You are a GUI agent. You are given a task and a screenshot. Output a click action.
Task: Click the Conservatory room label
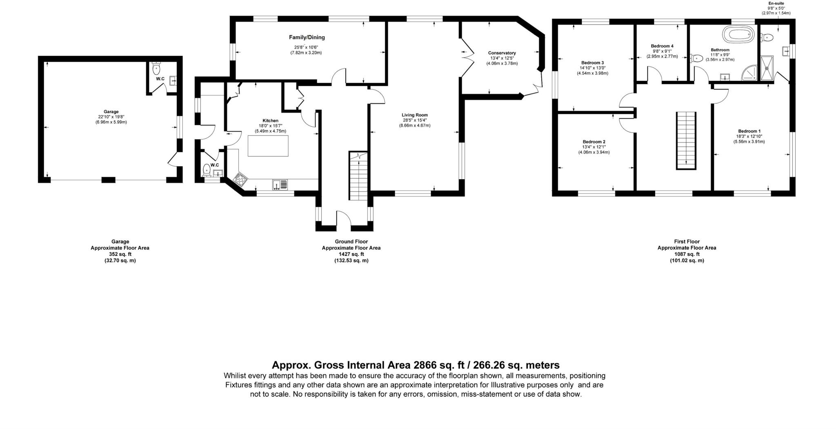point(502,53)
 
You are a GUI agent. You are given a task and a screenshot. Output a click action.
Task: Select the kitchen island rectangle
point(268,145)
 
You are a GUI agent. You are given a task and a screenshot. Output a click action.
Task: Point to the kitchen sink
point(280,185)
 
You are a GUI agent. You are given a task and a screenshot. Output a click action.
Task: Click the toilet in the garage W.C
point(156,67)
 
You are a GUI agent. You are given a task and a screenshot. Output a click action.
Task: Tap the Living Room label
point(414,115)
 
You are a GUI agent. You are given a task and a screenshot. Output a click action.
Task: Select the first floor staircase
point(686,140)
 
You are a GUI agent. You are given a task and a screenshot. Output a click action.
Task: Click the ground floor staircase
point(359,176)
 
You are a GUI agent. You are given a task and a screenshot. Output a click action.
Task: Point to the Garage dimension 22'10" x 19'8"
point(111,117)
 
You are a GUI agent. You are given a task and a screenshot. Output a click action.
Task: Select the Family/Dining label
point(307,38)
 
